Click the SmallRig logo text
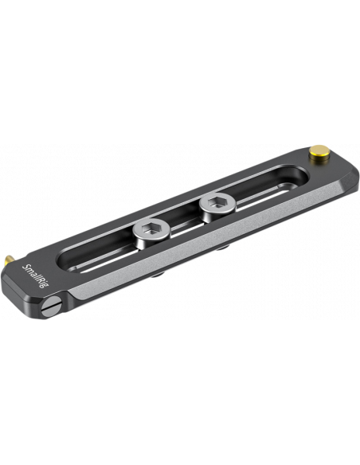point(36,275)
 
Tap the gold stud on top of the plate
point(318,151)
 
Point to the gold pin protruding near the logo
point(9,260)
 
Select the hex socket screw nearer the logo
point(151,232)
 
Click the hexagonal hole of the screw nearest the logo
point(151,229)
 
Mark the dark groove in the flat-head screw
point(53,307)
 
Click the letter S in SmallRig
point(25,266)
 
